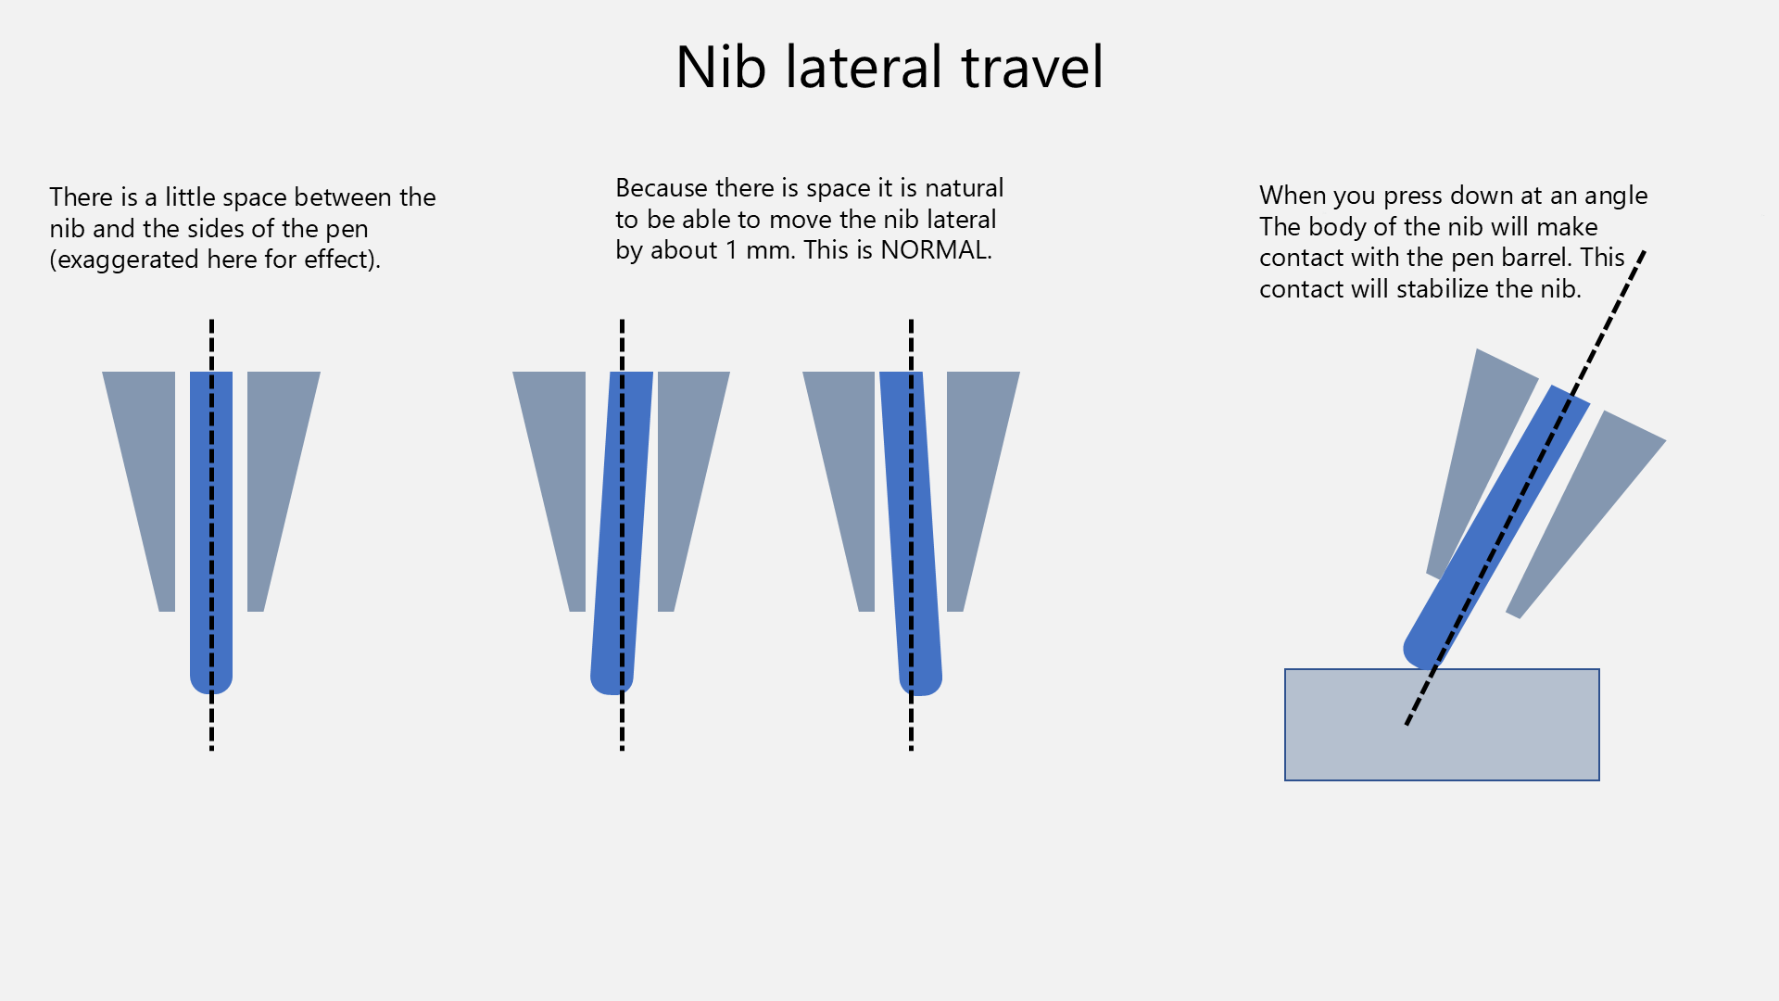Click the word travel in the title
pos(1032,67)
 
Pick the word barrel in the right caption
pos(1537,258)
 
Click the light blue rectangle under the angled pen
pos(1442,725)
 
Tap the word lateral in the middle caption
pos(961,220)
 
